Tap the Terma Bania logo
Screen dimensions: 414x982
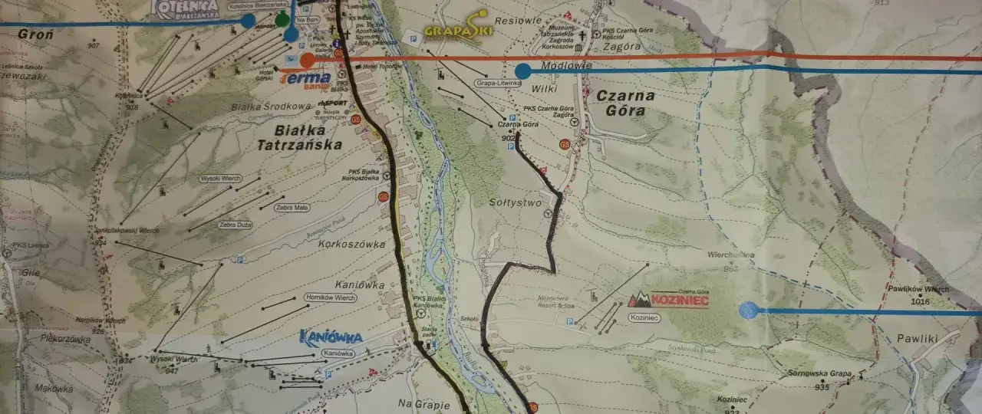click(306, 79)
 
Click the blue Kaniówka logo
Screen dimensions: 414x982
click(331, 337)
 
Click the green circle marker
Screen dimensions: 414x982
click(282, 19)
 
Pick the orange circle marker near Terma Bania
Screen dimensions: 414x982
click(307, 60)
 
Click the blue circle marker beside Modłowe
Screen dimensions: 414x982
click(523, 71)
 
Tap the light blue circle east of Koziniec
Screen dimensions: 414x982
click(748, 310)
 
